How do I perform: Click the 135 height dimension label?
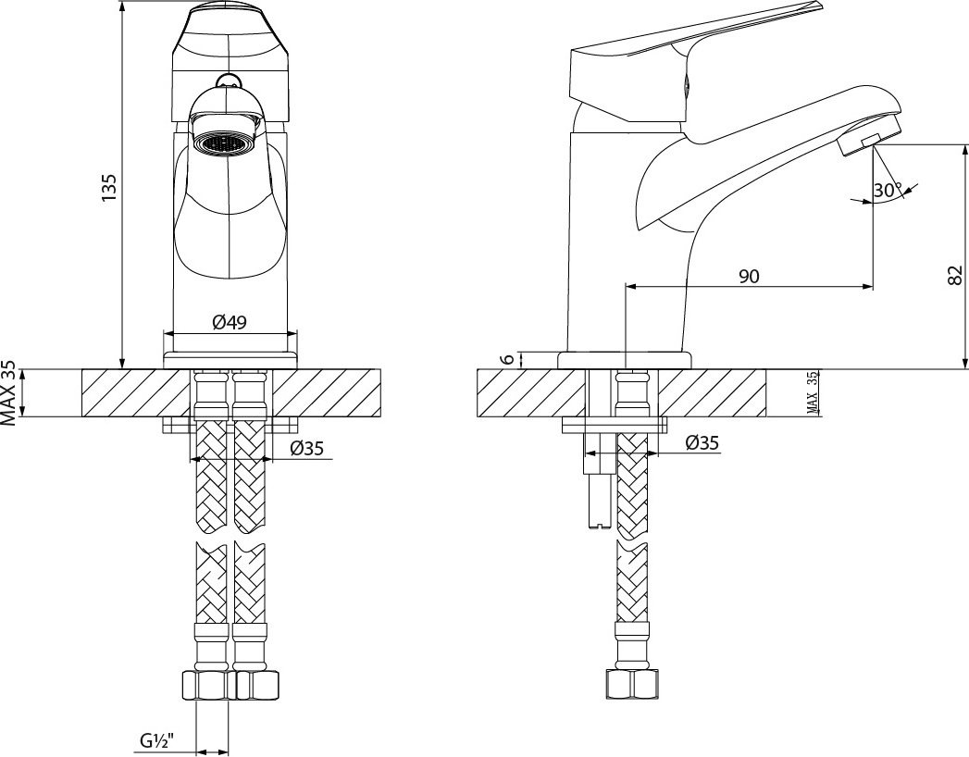pos(109,187)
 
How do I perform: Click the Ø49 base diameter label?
pos(230,322)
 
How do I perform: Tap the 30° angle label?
pos(888,191)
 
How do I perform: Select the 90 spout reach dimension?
pos(749,276)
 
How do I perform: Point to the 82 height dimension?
pos(954,276)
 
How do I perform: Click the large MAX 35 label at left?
pos(8,392)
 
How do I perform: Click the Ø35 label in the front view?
pos(306,448)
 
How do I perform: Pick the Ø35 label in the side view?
pos(702,442)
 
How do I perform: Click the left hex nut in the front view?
pos(208,686)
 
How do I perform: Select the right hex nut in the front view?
pos(255,686)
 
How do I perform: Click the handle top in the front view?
pos(229,38)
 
